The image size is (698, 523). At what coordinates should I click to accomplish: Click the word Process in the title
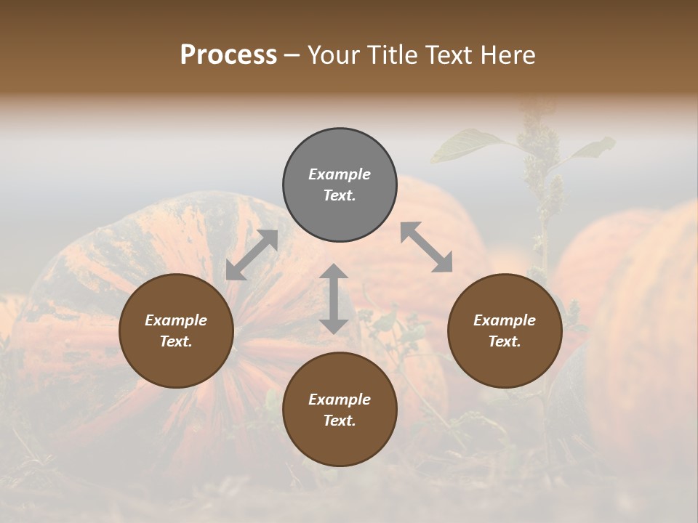(228, 55)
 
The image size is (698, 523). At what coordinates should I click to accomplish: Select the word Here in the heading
(508, 55)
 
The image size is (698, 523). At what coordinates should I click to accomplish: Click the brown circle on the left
(177, 331)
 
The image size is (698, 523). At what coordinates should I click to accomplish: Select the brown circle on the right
(505, 331)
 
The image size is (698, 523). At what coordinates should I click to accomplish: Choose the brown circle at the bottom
(340, 410)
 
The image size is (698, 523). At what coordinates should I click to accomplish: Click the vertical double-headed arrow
(334, 299)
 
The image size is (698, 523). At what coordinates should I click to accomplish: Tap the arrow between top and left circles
(252, 255)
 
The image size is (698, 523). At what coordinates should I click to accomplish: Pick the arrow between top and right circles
(426, 247)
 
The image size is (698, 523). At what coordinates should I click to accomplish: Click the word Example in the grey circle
(340, 174)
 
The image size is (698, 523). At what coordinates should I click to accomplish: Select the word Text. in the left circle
(177, 341)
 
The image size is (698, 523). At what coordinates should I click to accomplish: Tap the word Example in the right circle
(505, 320)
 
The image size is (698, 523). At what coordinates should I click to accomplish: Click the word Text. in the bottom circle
(340, 421)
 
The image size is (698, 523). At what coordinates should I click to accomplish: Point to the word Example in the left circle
(177, 320)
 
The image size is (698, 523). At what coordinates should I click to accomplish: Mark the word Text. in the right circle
(505, 341)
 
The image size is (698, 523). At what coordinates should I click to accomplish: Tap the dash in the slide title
(292, 55)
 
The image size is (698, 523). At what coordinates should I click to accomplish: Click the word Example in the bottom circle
(340, 400)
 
